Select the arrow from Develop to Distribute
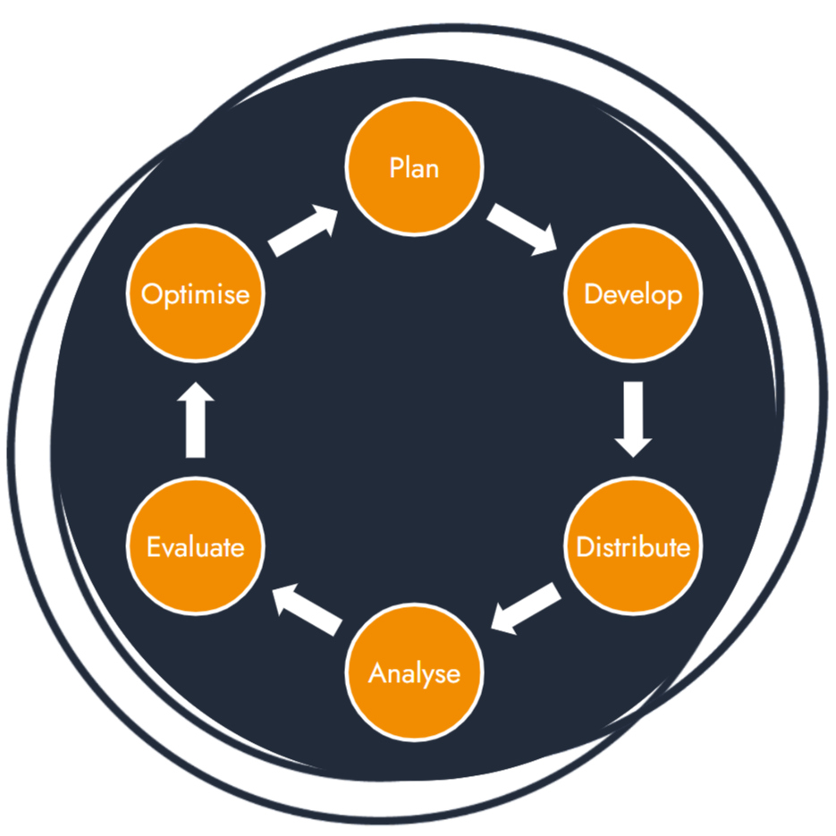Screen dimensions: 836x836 tap(633, 418)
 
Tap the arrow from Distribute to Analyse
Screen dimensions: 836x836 tap(527, 610)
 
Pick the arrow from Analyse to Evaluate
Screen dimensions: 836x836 tap(308, 610)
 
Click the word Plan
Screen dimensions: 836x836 tap(415, 167)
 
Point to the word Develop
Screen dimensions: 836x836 tap(633, 294)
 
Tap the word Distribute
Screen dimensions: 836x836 tap(633, 546)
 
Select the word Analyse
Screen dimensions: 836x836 tap(415, 672)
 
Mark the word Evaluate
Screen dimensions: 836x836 tap(197, 545)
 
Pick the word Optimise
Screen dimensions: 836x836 tap(197, 294)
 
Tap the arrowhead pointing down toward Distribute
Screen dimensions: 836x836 tap(633, 443)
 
